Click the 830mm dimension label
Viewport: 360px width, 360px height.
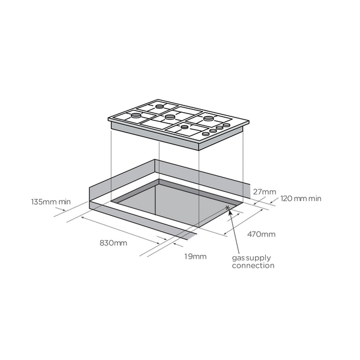point(113,243)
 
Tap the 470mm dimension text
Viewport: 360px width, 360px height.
point(261,234)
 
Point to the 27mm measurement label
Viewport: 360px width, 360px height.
point(264,192)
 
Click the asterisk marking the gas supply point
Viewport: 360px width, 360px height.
point(227,208)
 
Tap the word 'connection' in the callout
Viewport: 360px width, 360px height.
point(253,265)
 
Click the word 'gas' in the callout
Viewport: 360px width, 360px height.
point(238,257)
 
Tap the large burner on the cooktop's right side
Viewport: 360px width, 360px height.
point(208,119)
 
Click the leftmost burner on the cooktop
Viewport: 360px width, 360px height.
point(137,114)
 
